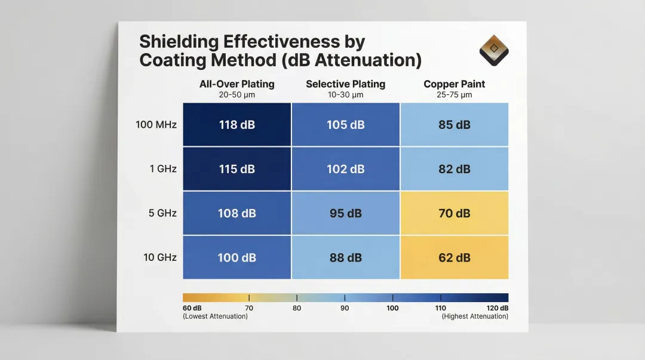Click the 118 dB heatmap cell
237,125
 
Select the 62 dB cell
454,257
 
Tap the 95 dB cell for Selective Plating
345,213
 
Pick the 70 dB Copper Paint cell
454,213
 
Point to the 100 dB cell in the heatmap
237,257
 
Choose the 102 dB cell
345,169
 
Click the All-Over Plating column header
237,84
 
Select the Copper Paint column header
454,84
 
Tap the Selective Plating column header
345,84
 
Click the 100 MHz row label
157,125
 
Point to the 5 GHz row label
162,213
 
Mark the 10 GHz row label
159,257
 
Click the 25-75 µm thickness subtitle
454,94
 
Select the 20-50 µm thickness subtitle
237,94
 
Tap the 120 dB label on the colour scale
496,308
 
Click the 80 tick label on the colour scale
297,308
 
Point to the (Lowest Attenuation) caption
215,316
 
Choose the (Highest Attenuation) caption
475,316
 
